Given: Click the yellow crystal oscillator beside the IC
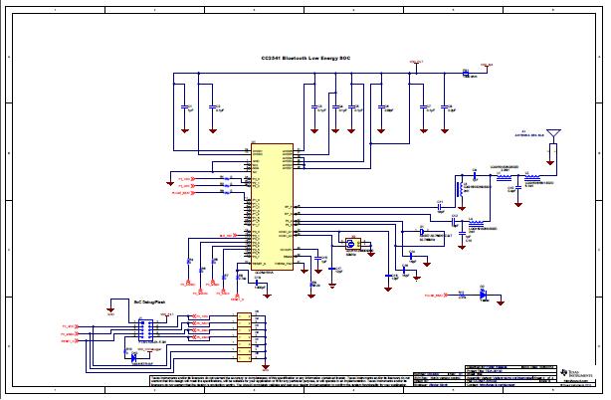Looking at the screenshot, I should click(350, 244).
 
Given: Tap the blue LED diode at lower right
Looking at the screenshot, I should click(483, 295).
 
